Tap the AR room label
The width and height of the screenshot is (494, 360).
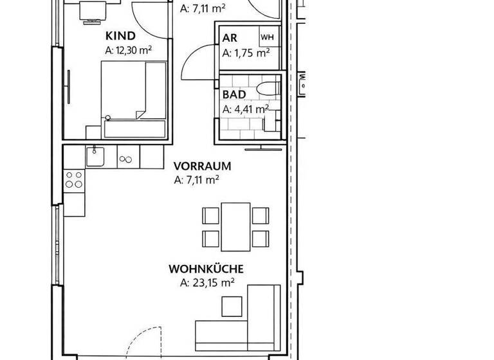pyautogui.click(x=230, y=39)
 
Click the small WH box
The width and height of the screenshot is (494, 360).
pyautogui.click(x=267, y=37)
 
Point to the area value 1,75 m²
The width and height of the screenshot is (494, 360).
pyautogui.click(x=246, y=53)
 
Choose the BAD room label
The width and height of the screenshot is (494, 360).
pyautogui.click(x=234, y=94)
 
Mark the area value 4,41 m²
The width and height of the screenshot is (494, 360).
pyautogui.click(x=246, y=109)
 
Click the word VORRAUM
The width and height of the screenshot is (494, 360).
pyautogui.click(x=203, y=166)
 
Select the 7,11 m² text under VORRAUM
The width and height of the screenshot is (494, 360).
pyautogui.click(x=197, y=181)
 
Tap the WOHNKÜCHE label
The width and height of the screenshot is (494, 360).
pyautogui.click(x=206, y=269)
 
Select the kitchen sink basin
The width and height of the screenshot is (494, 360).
pyautogui.click(x=95, y=156)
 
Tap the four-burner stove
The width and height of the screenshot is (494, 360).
pyautogui.click(x=74, y=179)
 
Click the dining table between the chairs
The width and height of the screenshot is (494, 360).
pyautogui.click(x=235, y=227)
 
